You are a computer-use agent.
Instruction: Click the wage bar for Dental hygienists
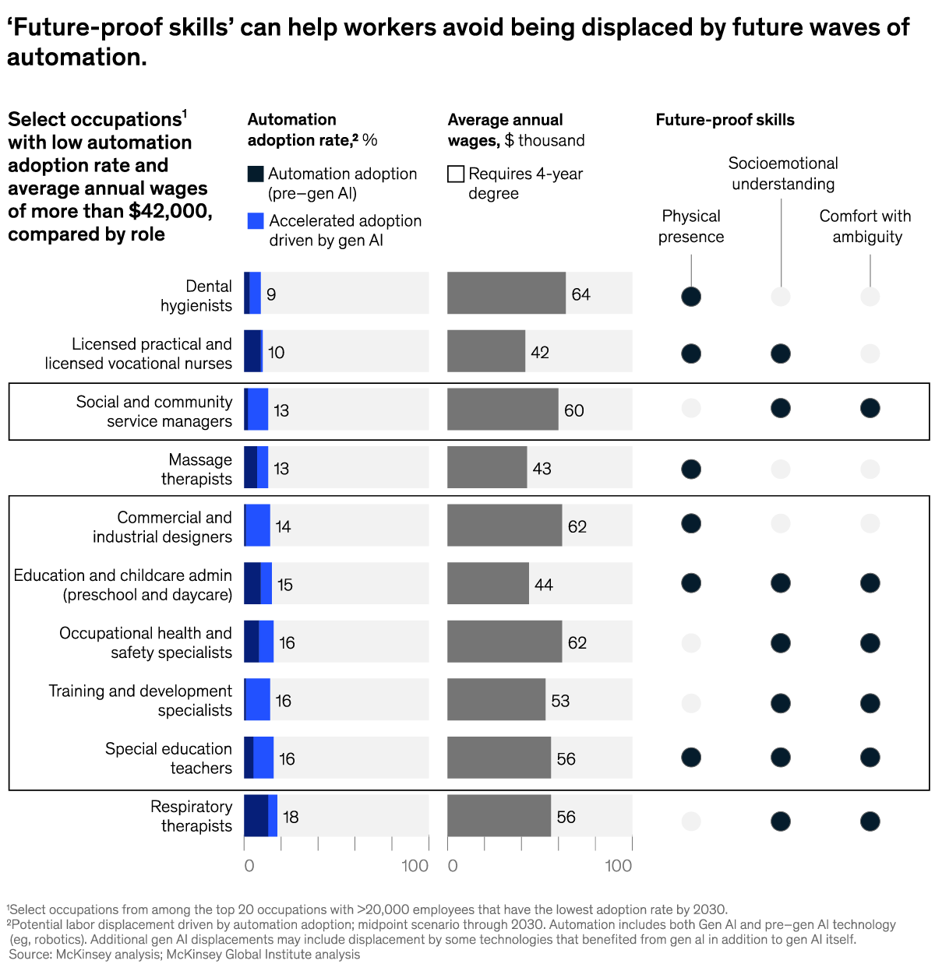coord(506,293)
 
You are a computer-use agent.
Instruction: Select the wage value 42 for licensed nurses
coord(540,353)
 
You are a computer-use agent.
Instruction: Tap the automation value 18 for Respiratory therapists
coord(291,817)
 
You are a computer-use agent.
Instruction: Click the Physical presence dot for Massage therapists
coord(691,469)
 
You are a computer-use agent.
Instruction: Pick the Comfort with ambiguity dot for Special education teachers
coord(870,757)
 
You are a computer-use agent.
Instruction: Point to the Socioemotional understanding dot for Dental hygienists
coord(781,296)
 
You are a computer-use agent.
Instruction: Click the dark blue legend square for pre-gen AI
coord(256,174)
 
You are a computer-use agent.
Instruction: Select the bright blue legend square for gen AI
coord(256,220)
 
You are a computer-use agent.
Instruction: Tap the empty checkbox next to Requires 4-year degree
coord(456,174)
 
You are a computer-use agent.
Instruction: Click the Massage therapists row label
coord(196,469)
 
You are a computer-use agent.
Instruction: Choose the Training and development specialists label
coord(140,700)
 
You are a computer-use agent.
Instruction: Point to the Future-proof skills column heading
coord(725,120)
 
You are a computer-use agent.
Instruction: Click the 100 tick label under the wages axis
coord(619,866)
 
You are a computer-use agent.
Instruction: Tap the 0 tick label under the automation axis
coord(249,866)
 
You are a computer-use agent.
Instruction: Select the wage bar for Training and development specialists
coord(496,699)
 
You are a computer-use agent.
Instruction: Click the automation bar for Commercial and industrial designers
coord(257,525)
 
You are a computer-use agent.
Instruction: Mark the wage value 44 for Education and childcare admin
coord(544,585)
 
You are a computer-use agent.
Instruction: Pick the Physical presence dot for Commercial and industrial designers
coord(691,523)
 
